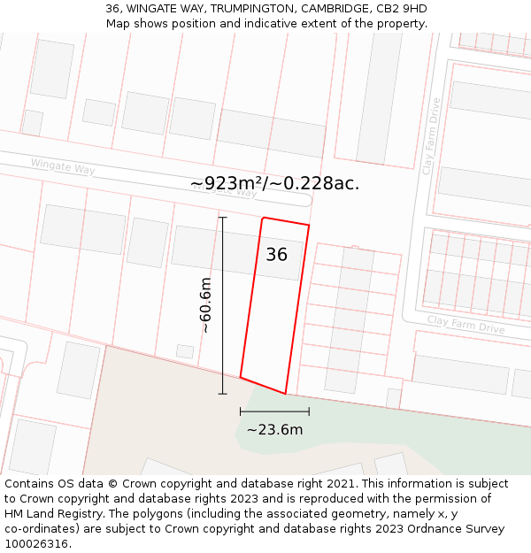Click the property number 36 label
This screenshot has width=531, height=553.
point(276,255)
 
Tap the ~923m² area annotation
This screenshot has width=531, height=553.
point(274,183)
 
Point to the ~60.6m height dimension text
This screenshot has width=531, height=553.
point(205,305)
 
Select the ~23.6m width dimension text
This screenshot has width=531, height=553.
point(274,430)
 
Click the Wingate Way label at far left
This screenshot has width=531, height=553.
point(62,165)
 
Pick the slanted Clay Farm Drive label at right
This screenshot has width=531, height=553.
point(466,324)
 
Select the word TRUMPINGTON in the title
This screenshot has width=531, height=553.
point(252,9)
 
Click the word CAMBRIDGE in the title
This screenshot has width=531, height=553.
point(334,9)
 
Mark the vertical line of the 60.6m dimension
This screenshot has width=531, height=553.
point(222,305)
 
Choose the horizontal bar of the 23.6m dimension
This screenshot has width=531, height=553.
point(274,411)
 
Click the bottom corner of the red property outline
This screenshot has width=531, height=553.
point(286,394)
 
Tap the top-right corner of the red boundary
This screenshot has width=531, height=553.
point(309,226)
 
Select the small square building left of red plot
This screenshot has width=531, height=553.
point(185,351)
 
